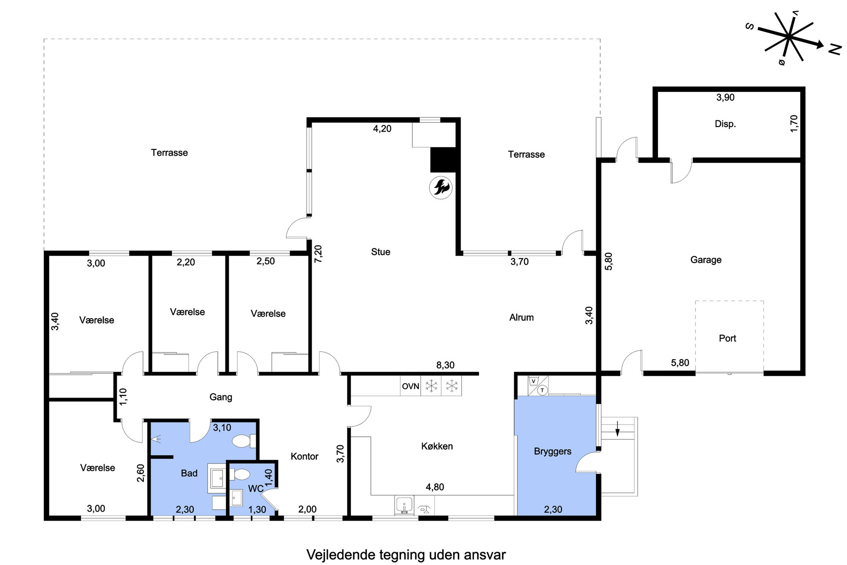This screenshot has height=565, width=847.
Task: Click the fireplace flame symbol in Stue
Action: click(x=441, y=187)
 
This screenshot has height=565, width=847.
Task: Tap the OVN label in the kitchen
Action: click(x=410, y=386)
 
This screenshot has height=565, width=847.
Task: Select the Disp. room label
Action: click(x=725, y=124)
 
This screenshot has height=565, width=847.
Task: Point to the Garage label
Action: click(x=706, y=260)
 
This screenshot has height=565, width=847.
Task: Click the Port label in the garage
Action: click(x=727, y=338)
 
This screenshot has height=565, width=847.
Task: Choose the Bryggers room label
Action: click(x=552, y=451)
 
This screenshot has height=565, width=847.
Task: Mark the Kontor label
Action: click(x=304, y=456)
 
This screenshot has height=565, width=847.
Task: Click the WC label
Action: click(x=256, y=489)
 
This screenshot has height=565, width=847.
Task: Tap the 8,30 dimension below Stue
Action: click(x=445, y=365)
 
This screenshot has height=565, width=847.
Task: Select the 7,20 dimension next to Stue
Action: click(x=318, y=253)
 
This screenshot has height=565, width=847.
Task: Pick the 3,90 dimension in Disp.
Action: click(x=725, y=97)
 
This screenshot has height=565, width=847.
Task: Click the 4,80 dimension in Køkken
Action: click(x=435, y=487)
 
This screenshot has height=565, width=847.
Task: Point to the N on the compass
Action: click(x=835, y=50)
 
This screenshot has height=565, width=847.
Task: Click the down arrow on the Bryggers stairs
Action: click(x=617, y=428)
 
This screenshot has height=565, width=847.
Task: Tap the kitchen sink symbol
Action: click(x=404, y=505)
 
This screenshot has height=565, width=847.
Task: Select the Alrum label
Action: click(x=521, y=317)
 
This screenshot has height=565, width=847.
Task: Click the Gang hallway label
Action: click(x=221, y=397)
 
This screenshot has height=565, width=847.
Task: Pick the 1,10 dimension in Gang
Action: click(x=123, y=396)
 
